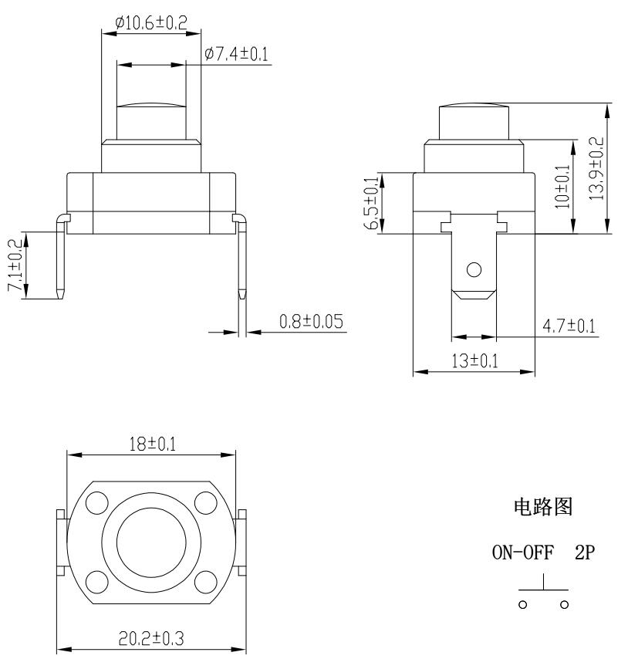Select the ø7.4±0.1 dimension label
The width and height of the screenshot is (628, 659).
(238, 56)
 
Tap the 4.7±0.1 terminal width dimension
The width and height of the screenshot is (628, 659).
(569, 326)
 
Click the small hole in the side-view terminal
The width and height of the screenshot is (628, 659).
(474, 270)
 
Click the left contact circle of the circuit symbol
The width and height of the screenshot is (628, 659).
(521, 603)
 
